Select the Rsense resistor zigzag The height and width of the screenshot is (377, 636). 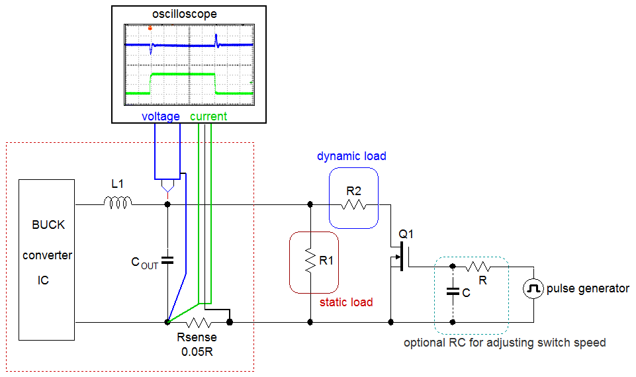pyautogui.click(x=198, y=323)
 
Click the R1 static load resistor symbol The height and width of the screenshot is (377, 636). pyautogui.click(x=310, y=261)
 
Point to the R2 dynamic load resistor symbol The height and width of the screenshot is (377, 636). pyautogui.click(x=353, y=204)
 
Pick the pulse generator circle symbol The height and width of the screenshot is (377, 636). pyautogui.click(x=533, y=288)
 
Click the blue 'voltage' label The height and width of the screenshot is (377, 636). pyautogui.click(x=161, y=116)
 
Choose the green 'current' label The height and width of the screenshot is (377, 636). pyautogui.click(x=208, y=116)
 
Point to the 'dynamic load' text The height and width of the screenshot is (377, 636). pyautogui.click(x=351, y=157)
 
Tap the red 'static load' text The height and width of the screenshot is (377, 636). pyautogui.click(x=346, y=302)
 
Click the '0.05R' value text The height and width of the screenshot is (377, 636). pyautogui.click(x=198, y=351)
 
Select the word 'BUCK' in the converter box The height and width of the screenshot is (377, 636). pyautogui.click(x=48, y=225)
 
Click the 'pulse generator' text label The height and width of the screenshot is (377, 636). pyautogui.click(x=588, y=288)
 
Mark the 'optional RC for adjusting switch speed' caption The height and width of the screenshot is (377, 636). pyautogui.click(x=504, y=343)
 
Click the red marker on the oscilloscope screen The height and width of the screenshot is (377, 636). pyautogui.click(x=150, y=28)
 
